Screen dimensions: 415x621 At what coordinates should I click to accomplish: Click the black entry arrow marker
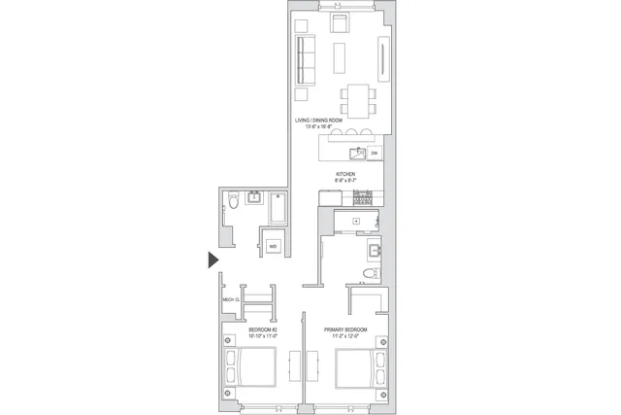tap(212, 259)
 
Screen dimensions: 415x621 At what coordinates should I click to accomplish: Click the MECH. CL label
tap(230, 300)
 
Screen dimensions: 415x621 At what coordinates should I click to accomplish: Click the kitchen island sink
tap(357, 153)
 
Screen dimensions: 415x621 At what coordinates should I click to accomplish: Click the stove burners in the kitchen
tap(363, 197)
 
